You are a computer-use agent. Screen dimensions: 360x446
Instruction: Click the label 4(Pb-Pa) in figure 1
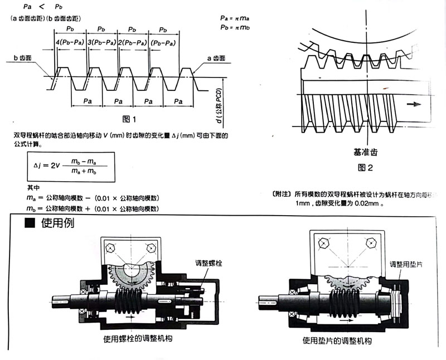(71, 42)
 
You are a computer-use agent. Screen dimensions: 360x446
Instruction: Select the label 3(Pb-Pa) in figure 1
(101, 42)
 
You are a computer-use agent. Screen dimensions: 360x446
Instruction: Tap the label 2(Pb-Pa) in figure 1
(132, 42)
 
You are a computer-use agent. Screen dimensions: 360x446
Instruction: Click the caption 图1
(129, 118)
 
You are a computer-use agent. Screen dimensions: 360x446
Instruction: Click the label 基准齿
(365, 151)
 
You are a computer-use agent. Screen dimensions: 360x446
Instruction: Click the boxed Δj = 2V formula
(66, 166)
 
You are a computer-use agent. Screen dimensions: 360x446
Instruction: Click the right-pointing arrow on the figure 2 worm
(413, 104)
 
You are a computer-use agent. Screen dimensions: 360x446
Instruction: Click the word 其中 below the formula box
(35, 188)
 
